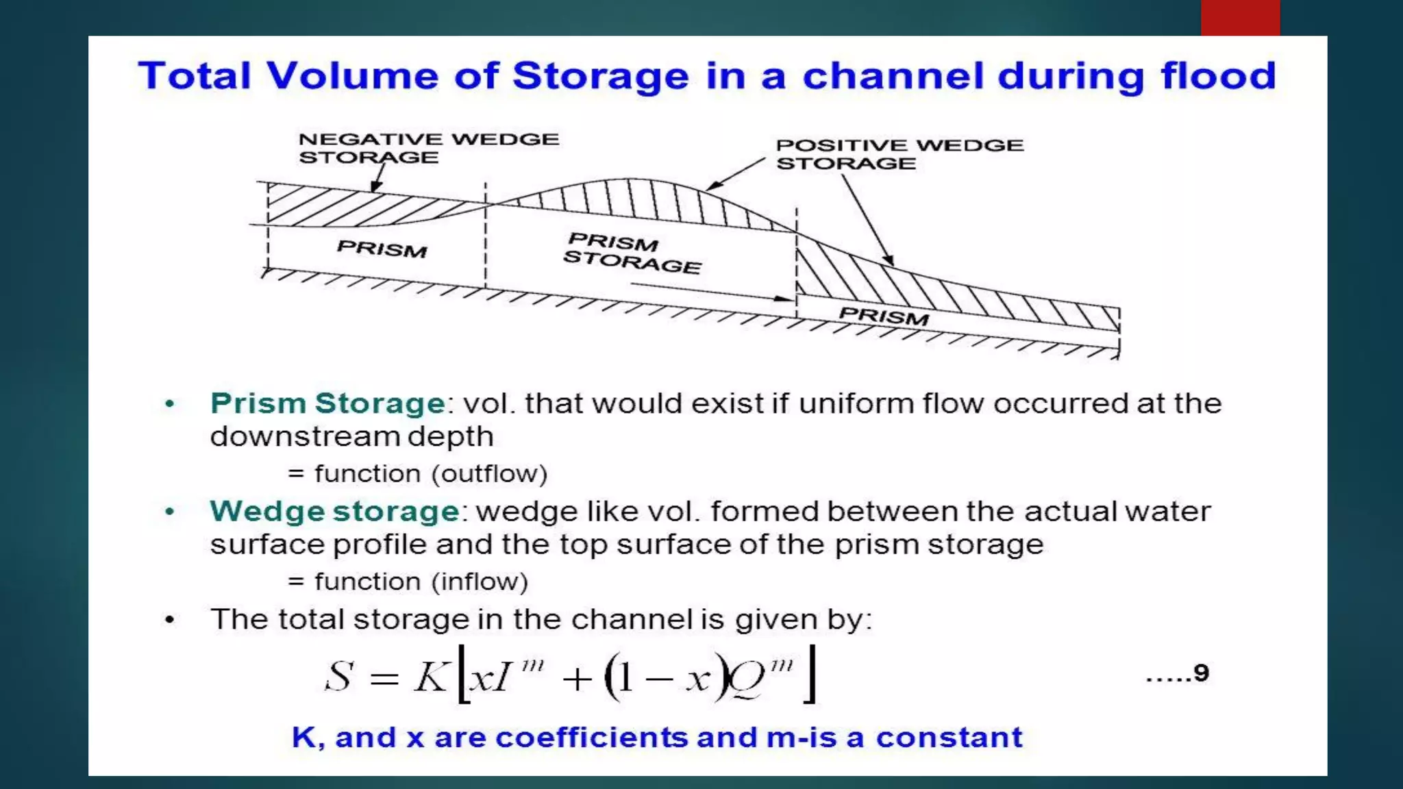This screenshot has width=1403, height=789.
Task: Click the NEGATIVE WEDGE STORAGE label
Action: pos(429,148)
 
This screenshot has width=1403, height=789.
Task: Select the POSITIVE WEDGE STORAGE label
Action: pos(899,154)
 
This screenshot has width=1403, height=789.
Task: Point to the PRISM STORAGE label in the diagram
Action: pos(632,253)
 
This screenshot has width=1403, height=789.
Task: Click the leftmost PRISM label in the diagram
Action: pos(382,248)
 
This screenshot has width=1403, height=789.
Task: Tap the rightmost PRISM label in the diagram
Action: pos(884,316)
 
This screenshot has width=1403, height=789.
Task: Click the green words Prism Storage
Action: pos(328,403)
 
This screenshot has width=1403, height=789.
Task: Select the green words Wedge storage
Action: pos(334,512)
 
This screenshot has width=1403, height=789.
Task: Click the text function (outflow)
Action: pos(430,474)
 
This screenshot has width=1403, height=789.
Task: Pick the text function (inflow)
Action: pos(421,582)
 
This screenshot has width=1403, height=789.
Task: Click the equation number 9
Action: pos(1201,673)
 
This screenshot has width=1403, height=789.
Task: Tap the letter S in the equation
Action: pos(338,677)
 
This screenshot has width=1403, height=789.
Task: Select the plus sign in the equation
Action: pos(577,679)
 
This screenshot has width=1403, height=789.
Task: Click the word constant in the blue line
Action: pos(949,738)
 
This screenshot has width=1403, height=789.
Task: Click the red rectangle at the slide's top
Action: pos(1240,18)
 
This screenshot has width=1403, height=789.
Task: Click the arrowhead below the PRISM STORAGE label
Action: pos(783,299)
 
